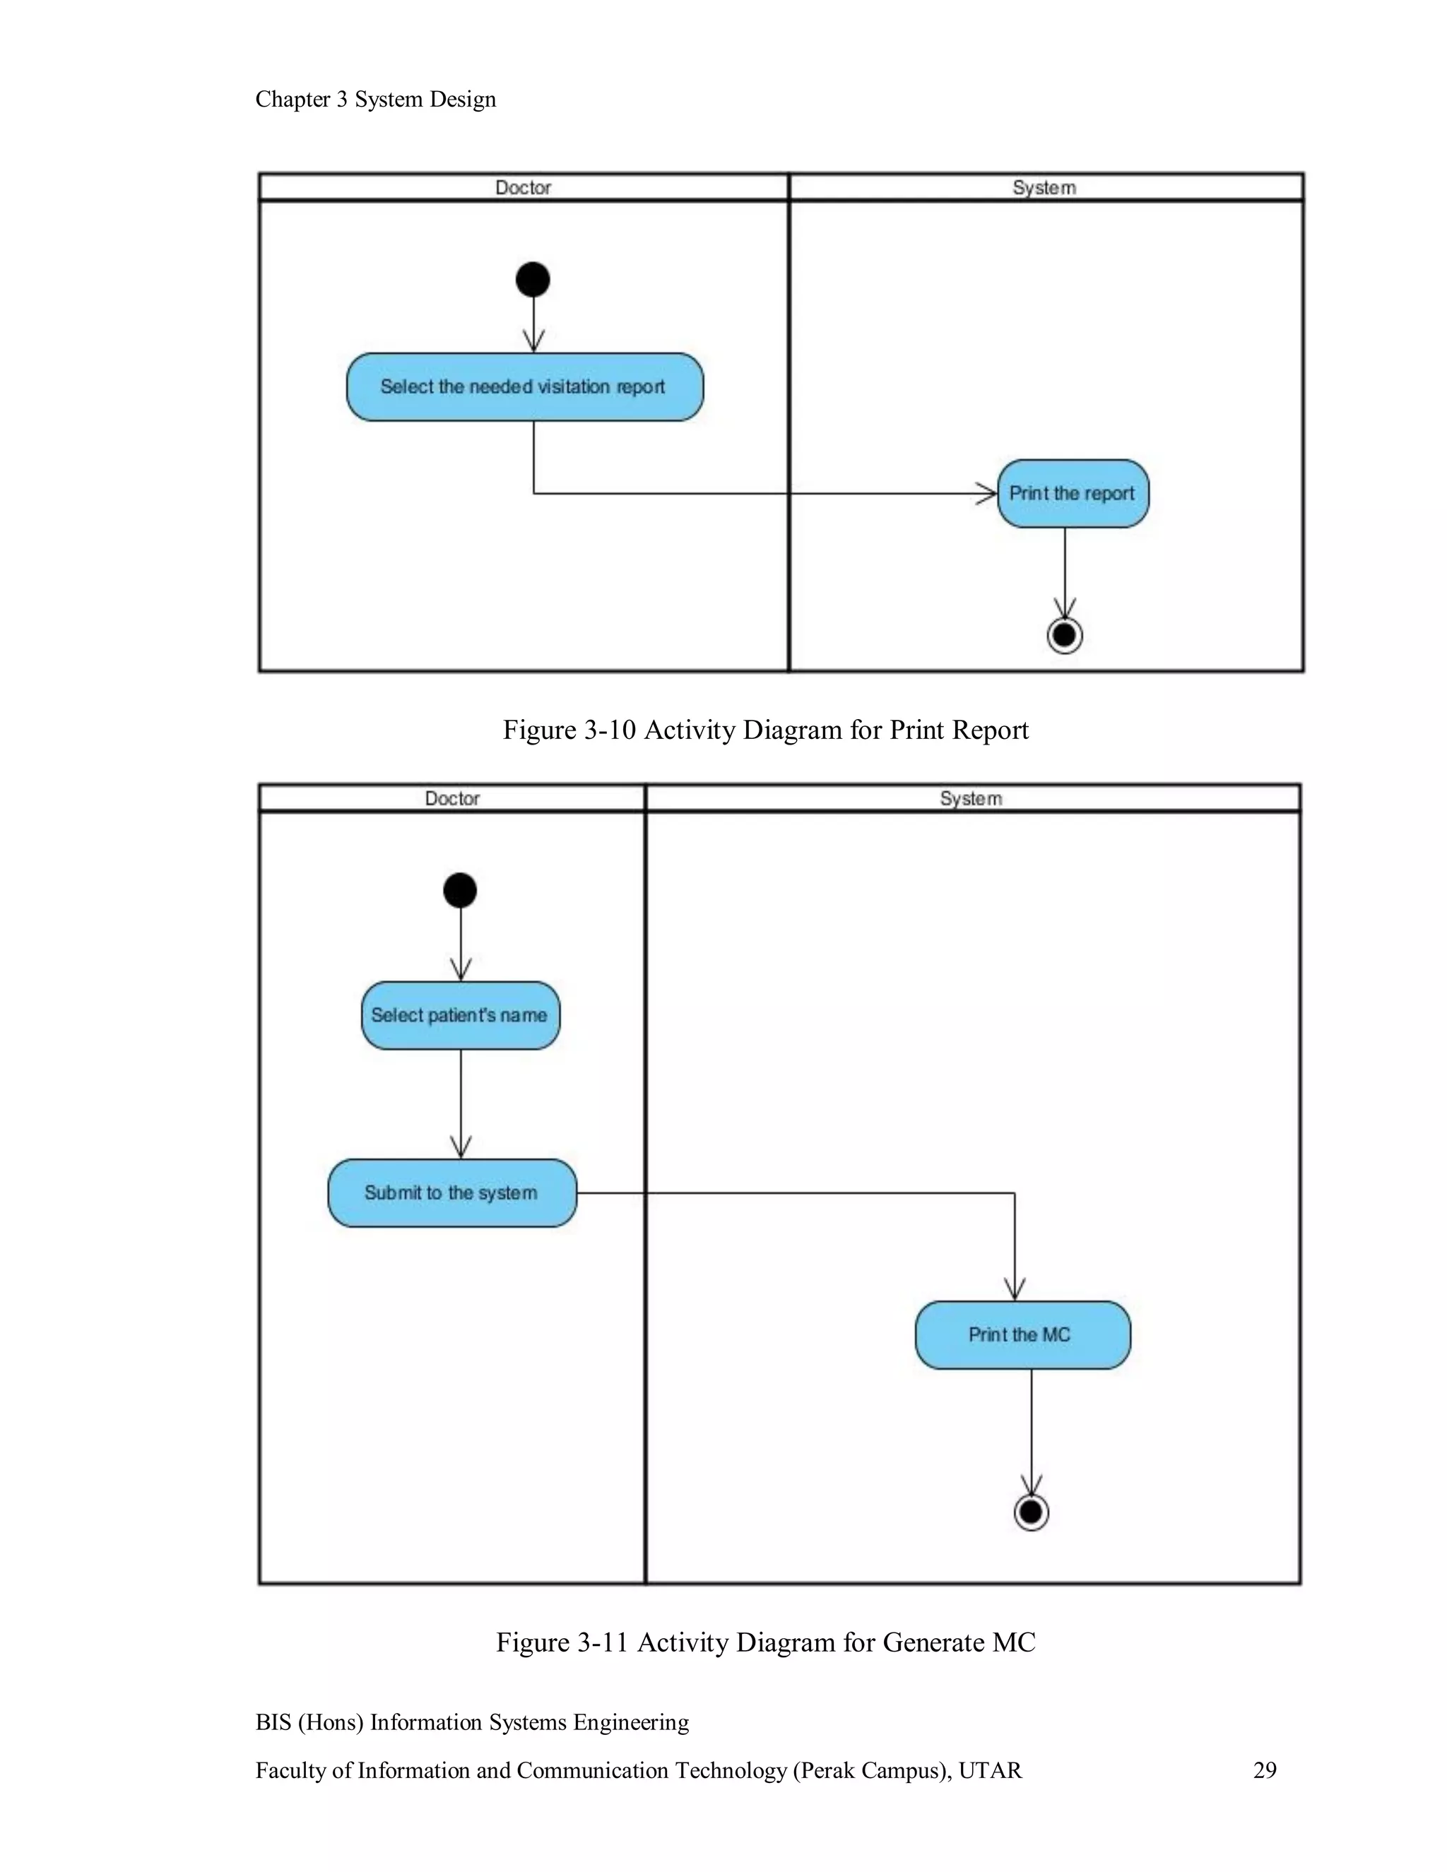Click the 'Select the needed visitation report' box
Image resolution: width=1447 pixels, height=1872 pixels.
coord(525,386)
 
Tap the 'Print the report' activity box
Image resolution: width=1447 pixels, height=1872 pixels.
coord(1073,494)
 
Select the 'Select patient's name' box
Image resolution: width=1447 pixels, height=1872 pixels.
coord(461,1016)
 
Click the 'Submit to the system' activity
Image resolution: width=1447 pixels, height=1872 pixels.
coord(451,1193)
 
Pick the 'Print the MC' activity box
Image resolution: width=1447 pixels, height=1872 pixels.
coord(1022,1334)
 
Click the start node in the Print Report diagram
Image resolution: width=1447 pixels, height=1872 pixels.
coord(533,280)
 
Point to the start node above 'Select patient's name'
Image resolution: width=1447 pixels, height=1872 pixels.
coord(461,891)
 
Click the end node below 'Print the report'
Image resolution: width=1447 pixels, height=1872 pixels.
coord(1065,635)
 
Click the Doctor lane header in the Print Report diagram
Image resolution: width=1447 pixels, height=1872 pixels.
coord(523,188)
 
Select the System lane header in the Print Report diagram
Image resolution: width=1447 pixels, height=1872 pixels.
coord(1044,188)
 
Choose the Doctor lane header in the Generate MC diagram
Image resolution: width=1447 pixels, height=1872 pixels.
coord(451,799)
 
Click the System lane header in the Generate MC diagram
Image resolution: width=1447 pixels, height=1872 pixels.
coord(971,799)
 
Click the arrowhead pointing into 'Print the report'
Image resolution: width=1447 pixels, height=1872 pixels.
coord(988,494)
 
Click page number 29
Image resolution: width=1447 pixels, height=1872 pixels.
coord(1265,1771)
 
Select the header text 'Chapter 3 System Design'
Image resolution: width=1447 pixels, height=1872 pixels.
coord(375,100)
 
